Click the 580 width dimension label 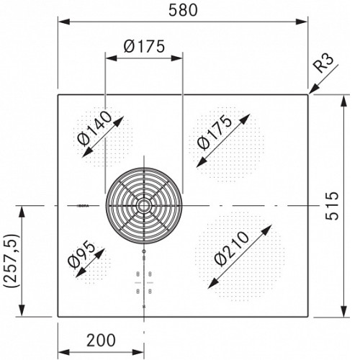[x=183, y=10]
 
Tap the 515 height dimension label [x=332, y=206]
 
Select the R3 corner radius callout [x=323, y=63]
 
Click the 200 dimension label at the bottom [x=101, y=340]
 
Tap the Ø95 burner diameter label [x=81, y=255]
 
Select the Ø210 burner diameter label [x=232, y=248]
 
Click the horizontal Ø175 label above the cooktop [x=144, y=46]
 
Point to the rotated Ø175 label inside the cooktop [x=215, y=132]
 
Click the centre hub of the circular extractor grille [x=144, y=206]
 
